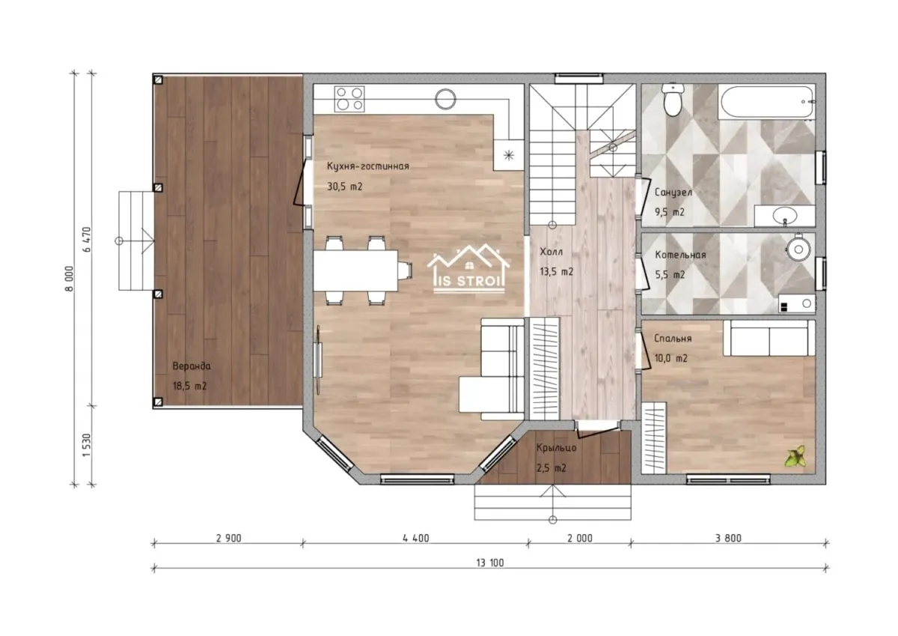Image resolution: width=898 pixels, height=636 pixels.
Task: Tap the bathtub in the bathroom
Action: [766, 102]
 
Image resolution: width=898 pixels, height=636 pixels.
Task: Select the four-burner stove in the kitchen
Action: [349, 99]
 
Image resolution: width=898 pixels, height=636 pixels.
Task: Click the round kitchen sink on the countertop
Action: [445, 99]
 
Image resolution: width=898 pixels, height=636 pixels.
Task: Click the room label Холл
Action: [552, 252]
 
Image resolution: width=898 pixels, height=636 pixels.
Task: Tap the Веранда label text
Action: [192, 366]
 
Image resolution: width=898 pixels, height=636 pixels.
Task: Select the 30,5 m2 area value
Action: [345, 187]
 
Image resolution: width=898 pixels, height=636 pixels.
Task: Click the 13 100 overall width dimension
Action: [490, 563]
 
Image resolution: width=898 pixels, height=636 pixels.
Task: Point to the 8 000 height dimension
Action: [70, 279]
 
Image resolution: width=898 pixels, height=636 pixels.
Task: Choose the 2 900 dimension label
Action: [228, 538]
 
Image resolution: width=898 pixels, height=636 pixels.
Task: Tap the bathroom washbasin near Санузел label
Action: [784, 216]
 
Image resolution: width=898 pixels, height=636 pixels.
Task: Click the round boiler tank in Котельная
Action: [798, 249]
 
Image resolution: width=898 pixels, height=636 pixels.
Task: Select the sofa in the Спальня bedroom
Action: [769, 338]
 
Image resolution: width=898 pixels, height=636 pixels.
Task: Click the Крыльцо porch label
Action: [557, 448]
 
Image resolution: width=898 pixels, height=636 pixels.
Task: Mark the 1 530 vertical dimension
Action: [87, 445]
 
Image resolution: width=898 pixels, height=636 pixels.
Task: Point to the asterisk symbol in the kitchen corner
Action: [509, 155]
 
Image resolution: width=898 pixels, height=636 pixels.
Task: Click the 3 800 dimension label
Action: [728, 538]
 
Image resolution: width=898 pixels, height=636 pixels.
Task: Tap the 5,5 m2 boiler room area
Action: [670, 275]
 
